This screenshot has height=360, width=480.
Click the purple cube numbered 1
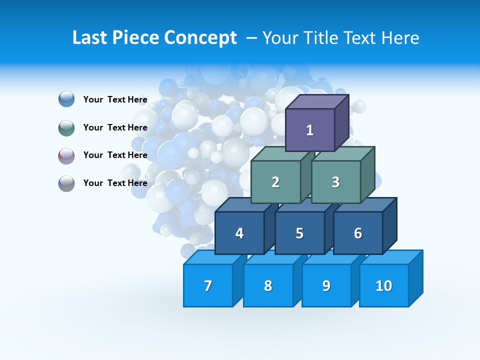(x=310, y=130)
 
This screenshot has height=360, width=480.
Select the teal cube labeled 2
(x=275, y=182)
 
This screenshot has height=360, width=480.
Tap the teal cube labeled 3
(x=335, y=182)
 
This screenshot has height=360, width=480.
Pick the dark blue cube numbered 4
(x=239, y=233)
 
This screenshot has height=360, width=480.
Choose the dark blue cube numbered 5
(x=299, y=233)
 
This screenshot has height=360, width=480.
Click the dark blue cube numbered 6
(x=358, y=233)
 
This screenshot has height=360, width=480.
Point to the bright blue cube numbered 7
(x=208, y=285)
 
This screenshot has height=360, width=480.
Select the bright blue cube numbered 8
(x=268, y=285)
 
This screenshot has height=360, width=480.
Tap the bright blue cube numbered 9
(x=326, y=285)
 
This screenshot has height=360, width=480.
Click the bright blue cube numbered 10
(x=384, y=285)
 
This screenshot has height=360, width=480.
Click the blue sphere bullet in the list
(x=66, y=99)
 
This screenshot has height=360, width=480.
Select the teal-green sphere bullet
(x=66, y=127)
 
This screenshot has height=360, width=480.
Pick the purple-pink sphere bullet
(x=66, y=155)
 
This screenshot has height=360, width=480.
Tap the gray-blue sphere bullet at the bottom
(x=66, y=183)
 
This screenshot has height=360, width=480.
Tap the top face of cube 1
(x=316, y=101)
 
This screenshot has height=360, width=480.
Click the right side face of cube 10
(x=415, y=278)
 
